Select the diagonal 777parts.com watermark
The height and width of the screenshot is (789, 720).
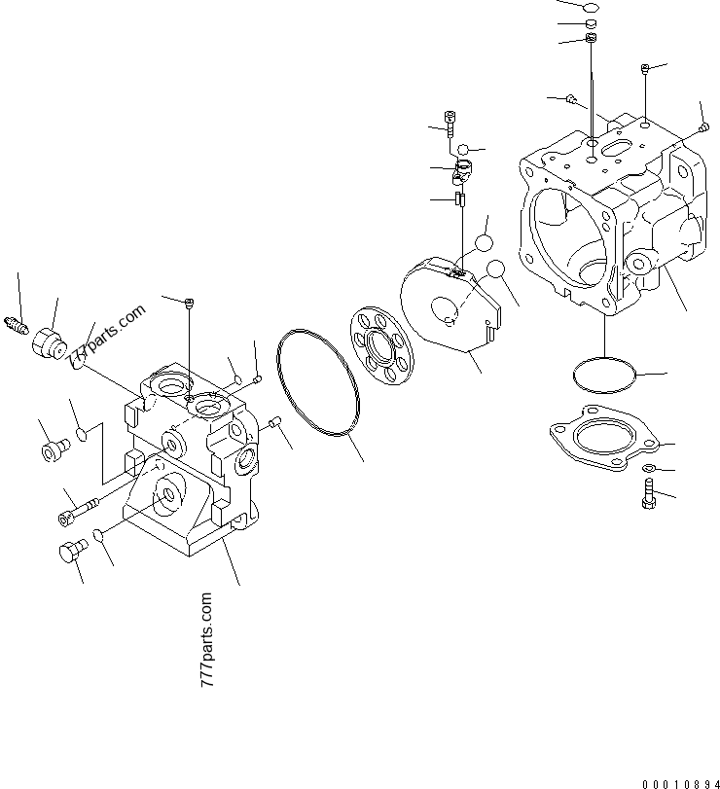coord(106,337)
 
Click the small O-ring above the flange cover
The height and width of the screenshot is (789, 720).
coord(603,375)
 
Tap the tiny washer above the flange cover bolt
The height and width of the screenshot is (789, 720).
coord(649,470)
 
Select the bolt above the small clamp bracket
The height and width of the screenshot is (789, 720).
coord(449,121)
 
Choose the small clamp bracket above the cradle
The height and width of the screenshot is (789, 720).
coord(462,175)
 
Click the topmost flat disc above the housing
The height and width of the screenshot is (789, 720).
coord(591,8)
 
